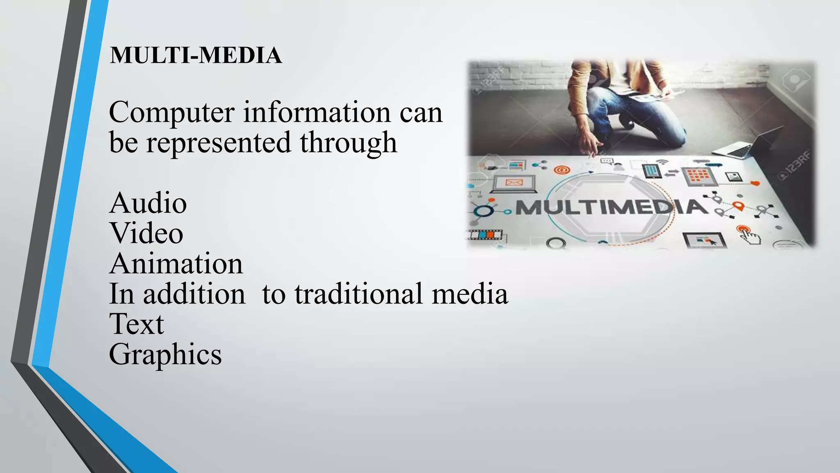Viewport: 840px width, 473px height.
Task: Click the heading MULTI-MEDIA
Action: point(196,55)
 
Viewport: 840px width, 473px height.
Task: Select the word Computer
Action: point(172,112)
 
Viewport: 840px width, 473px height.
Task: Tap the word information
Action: point(317,112)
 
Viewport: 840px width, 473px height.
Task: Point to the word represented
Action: point(219,142)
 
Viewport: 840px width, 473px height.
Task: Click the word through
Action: point(348,143)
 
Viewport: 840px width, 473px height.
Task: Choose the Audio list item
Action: point(148,203)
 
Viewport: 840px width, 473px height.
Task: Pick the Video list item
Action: point(146,233)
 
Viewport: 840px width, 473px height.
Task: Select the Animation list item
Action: point(176,264)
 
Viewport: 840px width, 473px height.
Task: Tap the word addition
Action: point(194,294)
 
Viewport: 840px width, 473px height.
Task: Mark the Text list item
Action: point(137,324)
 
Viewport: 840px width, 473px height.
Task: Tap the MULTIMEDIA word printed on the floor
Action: point(611,207)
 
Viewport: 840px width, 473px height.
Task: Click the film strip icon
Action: point(485,235)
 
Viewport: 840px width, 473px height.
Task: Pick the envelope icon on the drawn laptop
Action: point(514,182)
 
